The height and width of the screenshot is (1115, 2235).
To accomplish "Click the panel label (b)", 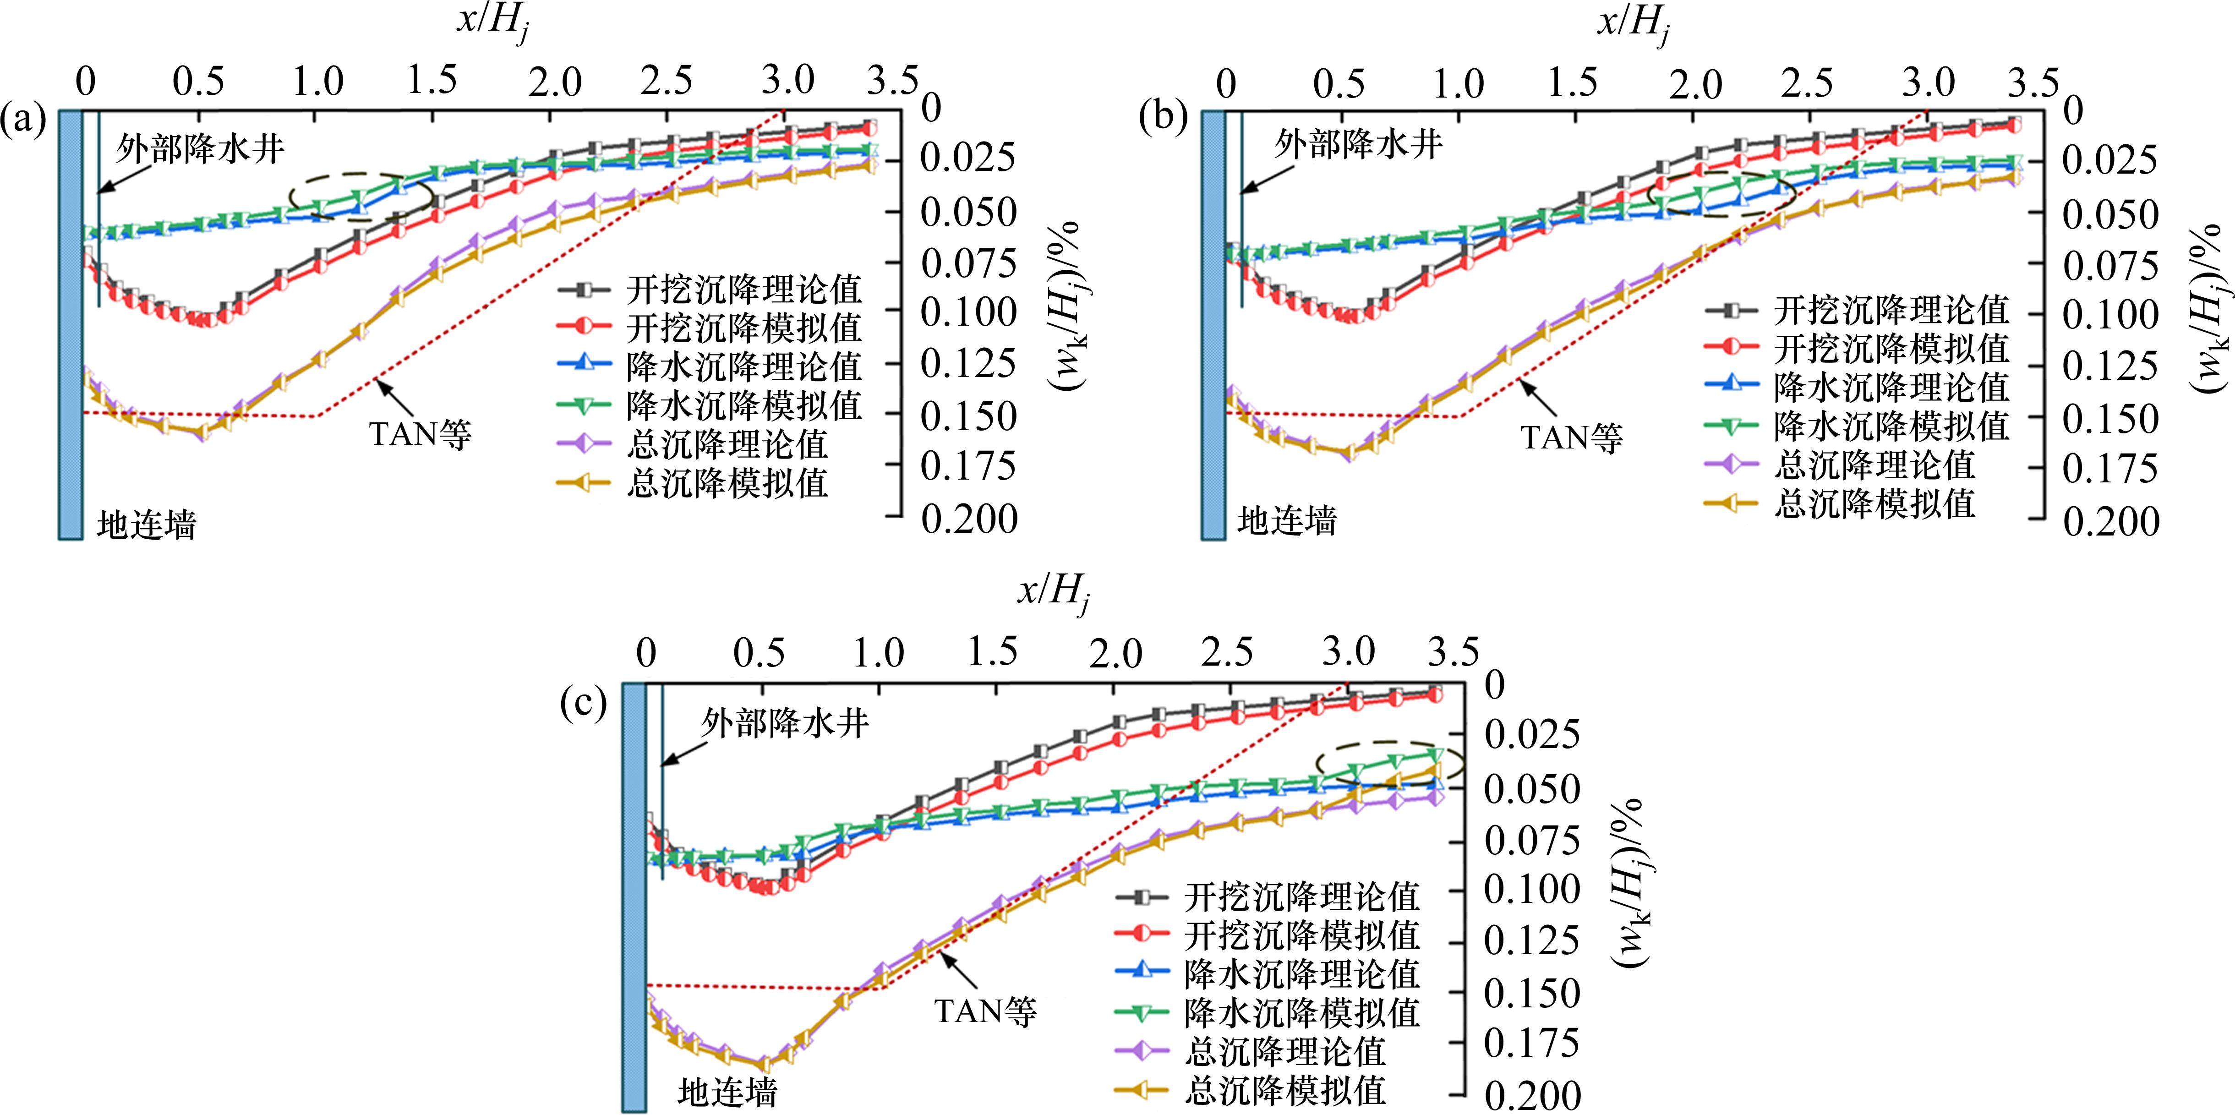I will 1164,119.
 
